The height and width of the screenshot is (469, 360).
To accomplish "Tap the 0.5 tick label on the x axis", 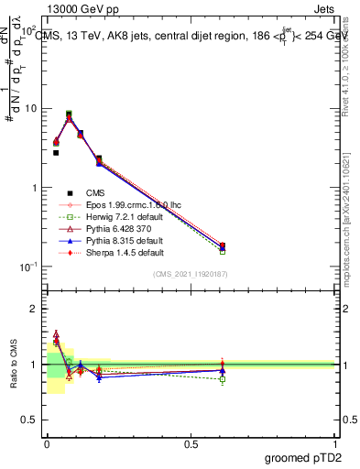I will [191, 444].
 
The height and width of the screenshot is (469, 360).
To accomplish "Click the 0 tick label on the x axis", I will [47, 444].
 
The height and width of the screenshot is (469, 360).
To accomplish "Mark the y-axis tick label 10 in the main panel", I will [32, 108].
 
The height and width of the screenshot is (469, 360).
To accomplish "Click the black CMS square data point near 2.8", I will [56, 152].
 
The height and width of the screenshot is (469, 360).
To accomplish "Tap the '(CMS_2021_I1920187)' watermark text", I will [191, 275].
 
